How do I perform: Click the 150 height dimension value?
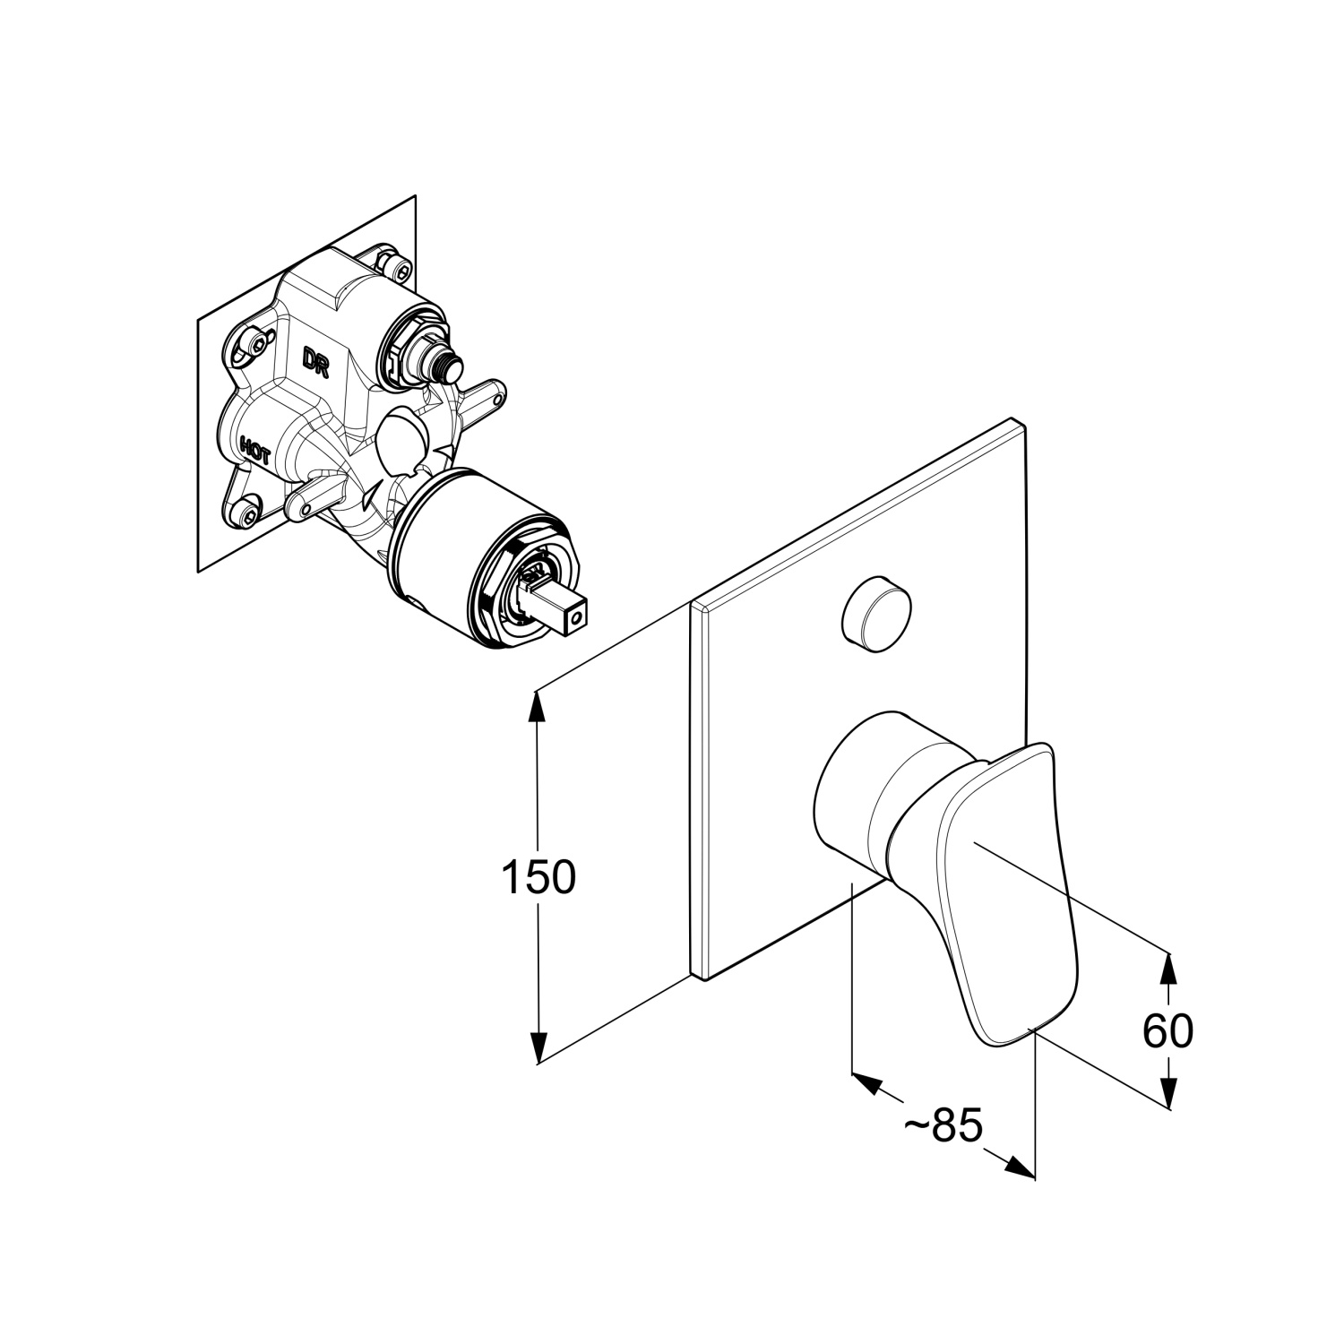(538, 877)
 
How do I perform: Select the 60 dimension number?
(1167, 1030)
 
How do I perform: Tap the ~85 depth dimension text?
(943, 1125)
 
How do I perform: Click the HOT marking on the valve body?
(255, 448)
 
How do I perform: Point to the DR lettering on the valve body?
(314, 362)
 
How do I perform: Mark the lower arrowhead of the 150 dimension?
(538, 1048)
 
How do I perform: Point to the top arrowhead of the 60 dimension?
(1167, 968)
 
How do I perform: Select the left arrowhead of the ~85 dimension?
(866, 1082)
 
